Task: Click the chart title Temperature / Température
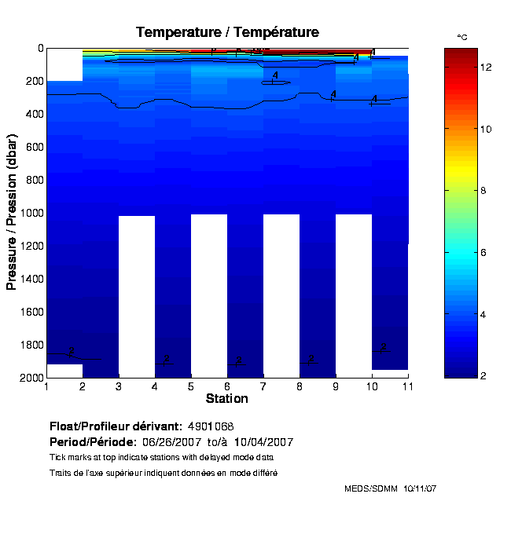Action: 227,32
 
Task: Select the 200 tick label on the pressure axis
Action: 35,82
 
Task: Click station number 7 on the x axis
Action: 263,386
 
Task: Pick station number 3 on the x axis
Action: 119,386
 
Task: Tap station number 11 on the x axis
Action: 406,386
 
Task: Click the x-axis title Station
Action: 226,399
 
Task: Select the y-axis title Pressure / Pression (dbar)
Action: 12,213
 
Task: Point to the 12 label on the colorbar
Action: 486,68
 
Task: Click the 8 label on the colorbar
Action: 486,191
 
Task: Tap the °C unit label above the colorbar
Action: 462,38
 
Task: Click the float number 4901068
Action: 211,426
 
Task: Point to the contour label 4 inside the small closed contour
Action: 275,75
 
